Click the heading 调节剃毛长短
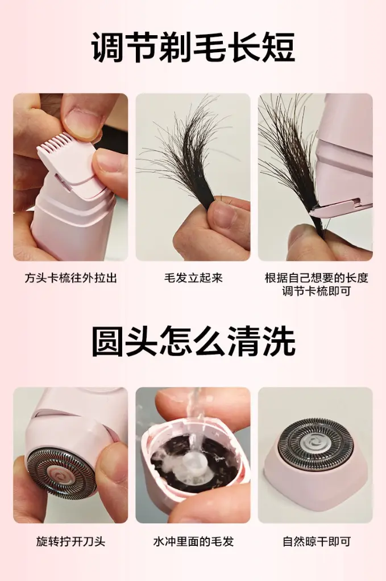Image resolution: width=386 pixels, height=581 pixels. pos(193,47)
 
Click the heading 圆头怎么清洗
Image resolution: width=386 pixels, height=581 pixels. pos(193,341)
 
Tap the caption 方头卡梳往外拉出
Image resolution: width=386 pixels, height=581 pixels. pos(70,278)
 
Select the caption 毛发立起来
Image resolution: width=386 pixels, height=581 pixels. pos(193,278)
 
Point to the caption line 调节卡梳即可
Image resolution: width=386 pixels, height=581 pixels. pos(316,291)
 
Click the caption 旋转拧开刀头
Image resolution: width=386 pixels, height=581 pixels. pos(70,542)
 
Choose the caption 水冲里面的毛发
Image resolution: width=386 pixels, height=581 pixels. pos(193,542)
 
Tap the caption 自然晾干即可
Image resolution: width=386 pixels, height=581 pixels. pos(316,542)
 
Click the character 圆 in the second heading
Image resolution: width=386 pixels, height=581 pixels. pos(107,341)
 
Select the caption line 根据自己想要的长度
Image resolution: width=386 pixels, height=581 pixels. pos(316,278)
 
